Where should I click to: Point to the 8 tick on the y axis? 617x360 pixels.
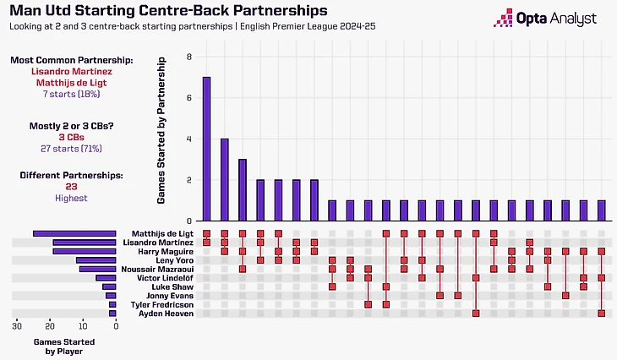tap(189, 57)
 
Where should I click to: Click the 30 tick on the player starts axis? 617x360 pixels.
tap(17, 325)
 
